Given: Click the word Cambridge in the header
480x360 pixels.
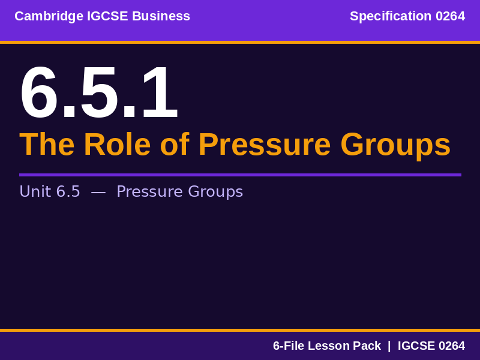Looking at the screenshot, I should pos(49,16).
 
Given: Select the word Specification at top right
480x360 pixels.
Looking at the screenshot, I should pos(391,16).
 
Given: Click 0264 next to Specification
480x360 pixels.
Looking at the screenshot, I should pos(450,16).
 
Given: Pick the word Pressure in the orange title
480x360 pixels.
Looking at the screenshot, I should pos(264,145).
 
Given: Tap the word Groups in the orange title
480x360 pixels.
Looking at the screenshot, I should pos(395,145).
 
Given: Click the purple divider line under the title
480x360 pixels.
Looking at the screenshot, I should pos(240,175).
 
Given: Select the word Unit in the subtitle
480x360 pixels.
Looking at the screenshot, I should pos(35,191).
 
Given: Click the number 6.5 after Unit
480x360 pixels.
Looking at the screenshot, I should pos(68,191).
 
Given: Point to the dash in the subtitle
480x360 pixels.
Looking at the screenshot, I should pos(98,192).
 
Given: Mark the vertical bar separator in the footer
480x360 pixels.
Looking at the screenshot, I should pos(389,346).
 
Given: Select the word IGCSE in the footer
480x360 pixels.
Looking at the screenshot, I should pos(416,346).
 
